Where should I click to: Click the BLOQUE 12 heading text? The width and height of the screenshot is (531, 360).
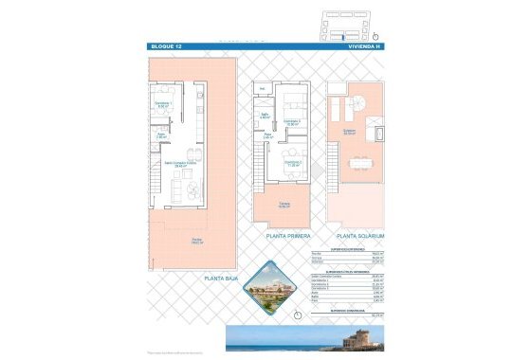[x=167, y=45]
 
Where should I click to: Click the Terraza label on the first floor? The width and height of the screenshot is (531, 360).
[x=284, y=204]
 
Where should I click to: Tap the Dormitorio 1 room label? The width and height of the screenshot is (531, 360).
[x=162, y=105]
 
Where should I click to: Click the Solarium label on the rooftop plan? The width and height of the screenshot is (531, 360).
[x=349, y=132]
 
